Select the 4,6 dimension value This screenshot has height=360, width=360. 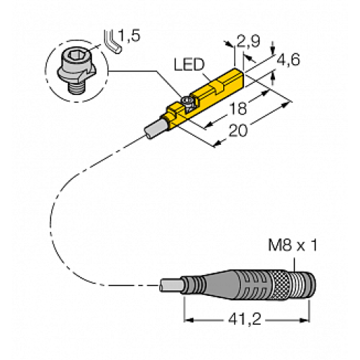tap(290, 62)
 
